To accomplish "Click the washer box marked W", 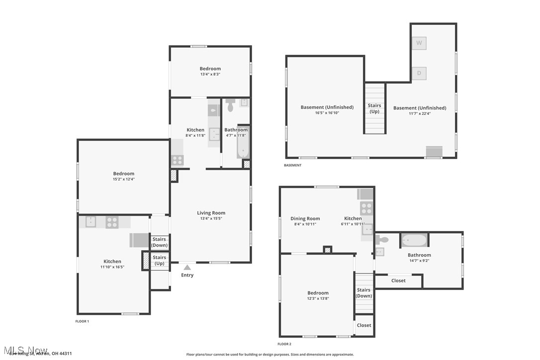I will click(419, 43).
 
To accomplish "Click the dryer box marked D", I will click(419, 74).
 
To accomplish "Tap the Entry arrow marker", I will click(187, 268).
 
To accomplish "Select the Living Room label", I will click(211, 213).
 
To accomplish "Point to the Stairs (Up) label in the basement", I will click(374, 108).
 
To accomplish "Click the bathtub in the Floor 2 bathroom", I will click(414, 241).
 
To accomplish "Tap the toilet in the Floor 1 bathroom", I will click(230, 106).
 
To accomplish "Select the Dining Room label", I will click(305, 218).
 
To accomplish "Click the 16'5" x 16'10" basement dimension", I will click(327, 113).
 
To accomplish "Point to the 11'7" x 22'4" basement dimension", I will click(420, 113).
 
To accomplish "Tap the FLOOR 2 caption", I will click(284, 344).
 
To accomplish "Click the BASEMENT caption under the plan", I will click(292, 165).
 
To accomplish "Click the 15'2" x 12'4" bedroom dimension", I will click(123, 179).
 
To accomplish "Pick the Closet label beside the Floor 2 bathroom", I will click(398, 280).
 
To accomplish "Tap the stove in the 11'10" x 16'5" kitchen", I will click(112, 222).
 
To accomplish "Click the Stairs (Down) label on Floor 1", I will click(159, 242).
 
